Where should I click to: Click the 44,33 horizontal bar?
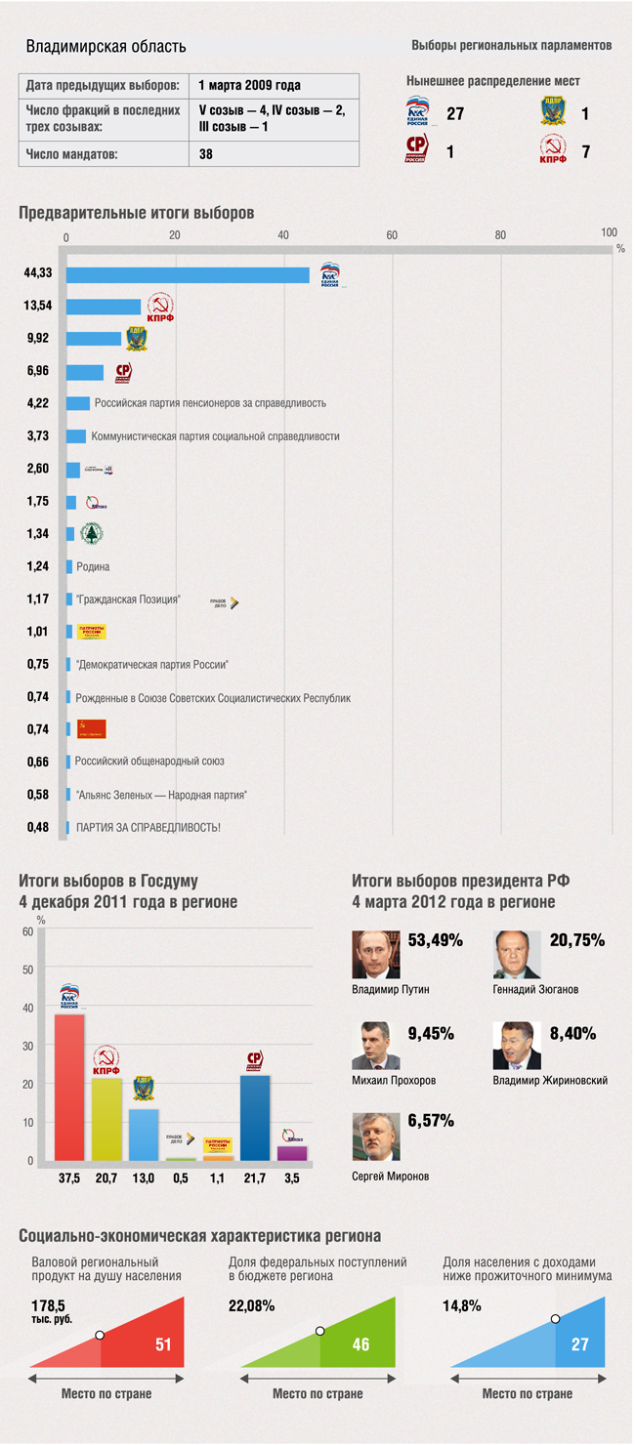188,275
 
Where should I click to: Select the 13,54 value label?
38,306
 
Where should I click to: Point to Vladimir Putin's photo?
376,954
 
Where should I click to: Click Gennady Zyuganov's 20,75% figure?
577,941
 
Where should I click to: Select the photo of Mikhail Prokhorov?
376,1046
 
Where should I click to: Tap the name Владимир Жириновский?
550,1081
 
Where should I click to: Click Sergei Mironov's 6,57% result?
431,1121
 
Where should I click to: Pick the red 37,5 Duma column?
69,1087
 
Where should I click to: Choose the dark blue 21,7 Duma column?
255,1117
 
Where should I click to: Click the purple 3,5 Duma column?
292,1152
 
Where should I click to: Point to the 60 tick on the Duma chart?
27,931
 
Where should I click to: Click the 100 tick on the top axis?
609,232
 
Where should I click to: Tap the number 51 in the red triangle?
163,1344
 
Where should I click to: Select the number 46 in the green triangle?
360,1344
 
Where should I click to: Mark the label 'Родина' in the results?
93,566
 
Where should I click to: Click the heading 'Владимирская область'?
106,46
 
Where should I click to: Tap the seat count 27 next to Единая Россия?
455,114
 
